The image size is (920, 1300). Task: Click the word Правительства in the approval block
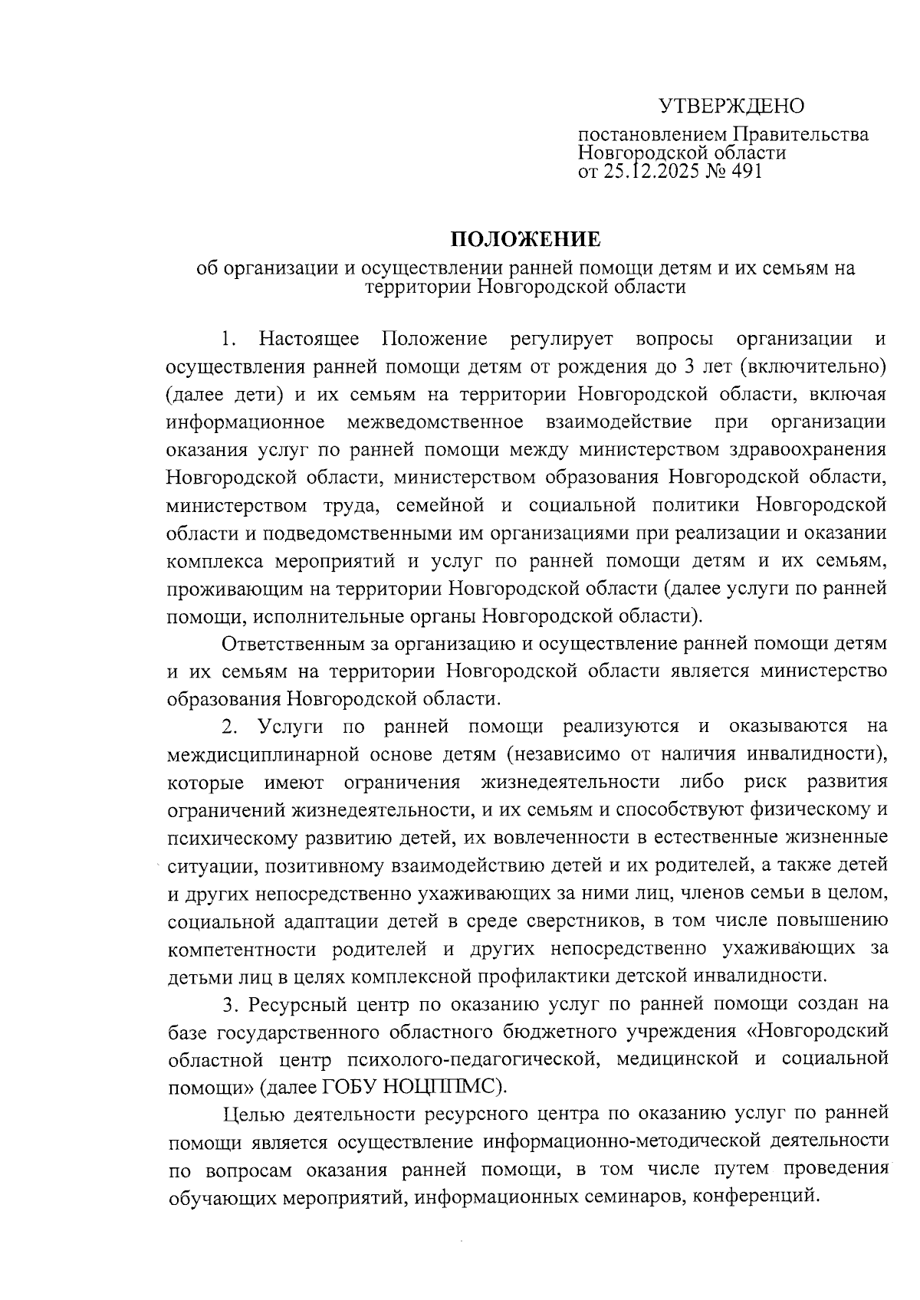(x=800, y=135)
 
